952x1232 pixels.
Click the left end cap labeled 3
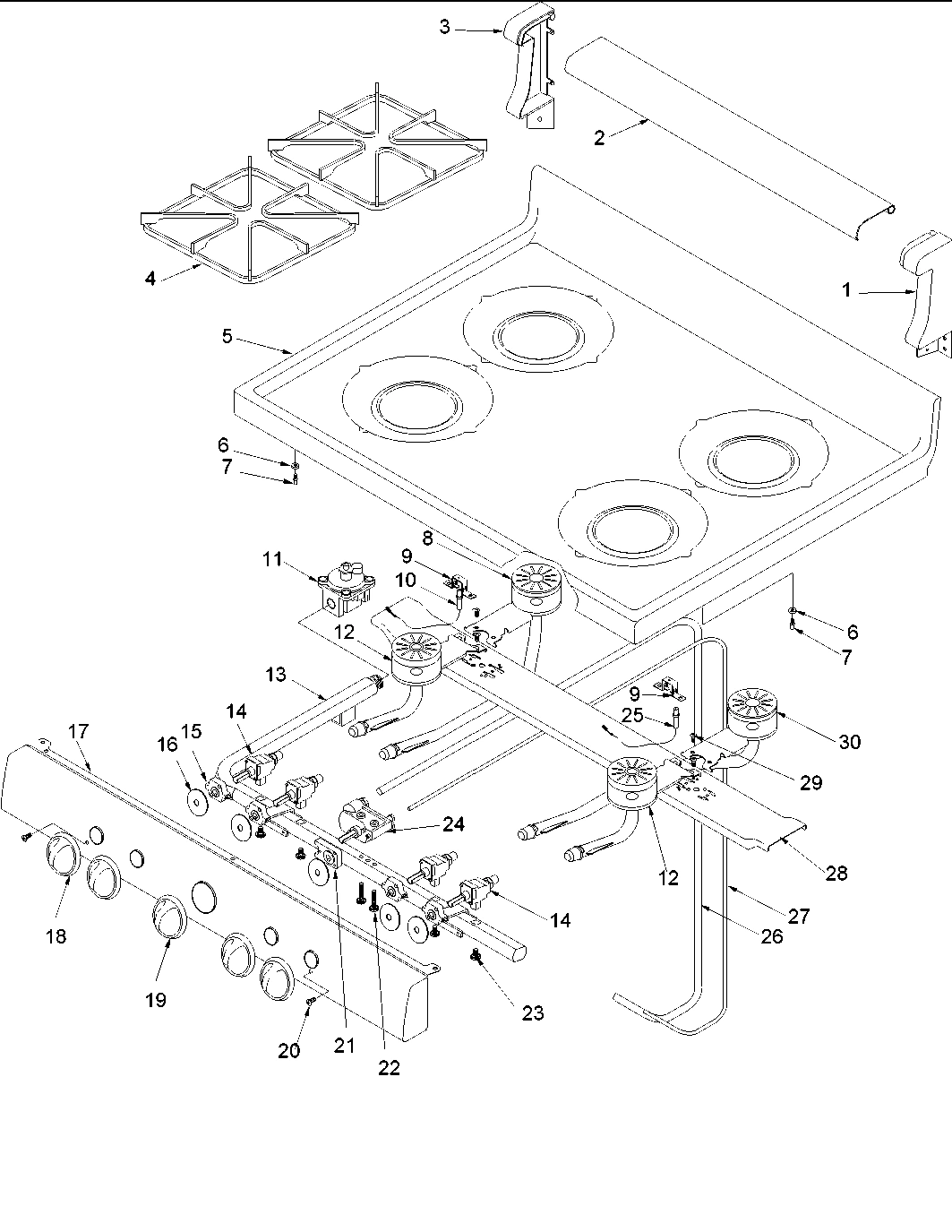click(x=528, y=72)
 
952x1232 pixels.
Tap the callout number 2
click(x=599, y=137)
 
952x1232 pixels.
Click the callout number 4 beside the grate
click(x=150, y=279)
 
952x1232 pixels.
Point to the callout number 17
click(x=78, y=731)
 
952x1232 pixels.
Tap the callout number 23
click(x=532, y=1013)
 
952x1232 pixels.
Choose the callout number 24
click(x=453, y=823)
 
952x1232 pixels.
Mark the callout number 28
click(x=836, y=873)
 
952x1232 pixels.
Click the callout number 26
click(x=771, y=936)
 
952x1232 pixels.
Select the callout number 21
click(x=345, y=1044)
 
